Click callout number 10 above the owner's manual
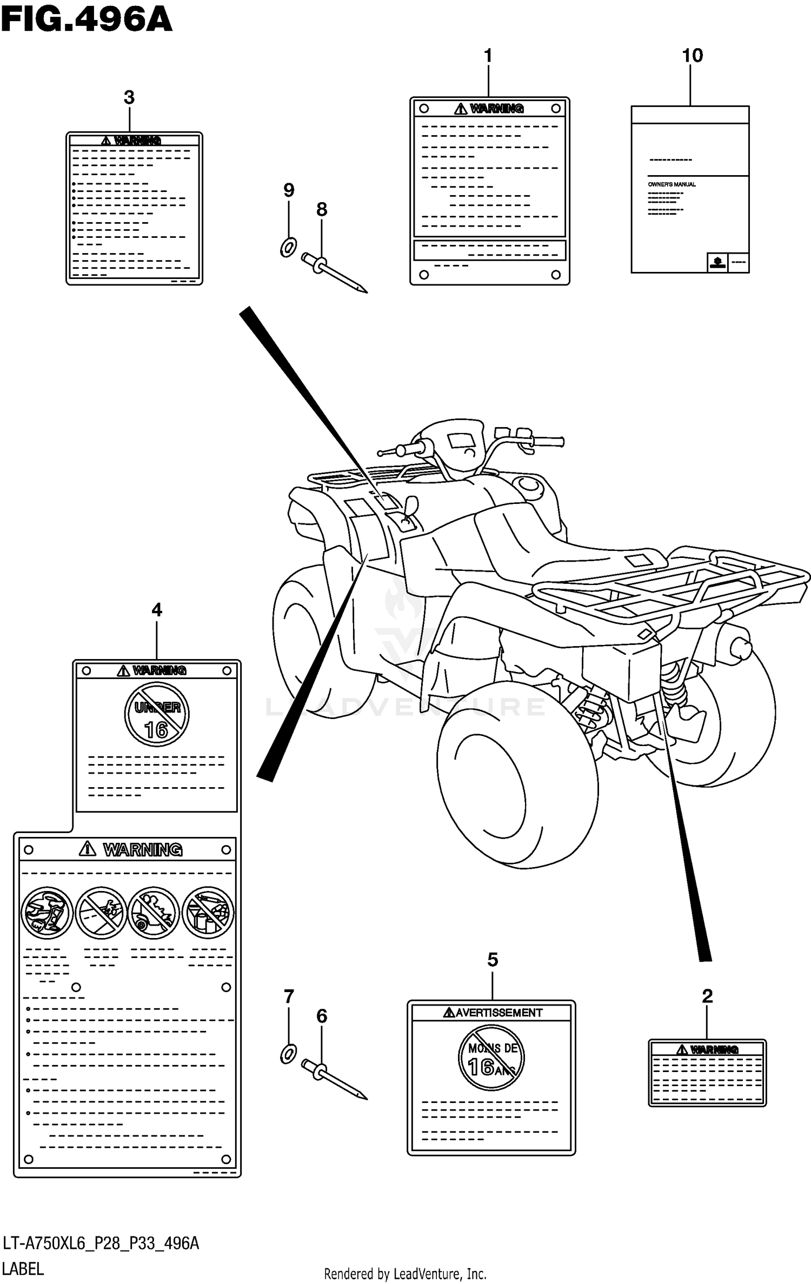(692, 56)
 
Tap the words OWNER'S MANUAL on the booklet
(672, 184)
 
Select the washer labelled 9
(288, 248)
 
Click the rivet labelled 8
(335, 273)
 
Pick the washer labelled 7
(289, 1054)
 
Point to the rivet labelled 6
(335, 1079)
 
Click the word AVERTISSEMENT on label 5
(498, 1013)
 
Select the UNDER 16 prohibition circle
(157, 714)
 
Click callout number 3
(129, 98)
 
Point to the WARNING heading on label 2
(714, 1050)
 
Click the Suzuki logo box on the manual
(717, 262)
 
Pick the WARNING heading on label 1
(496, 109)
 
